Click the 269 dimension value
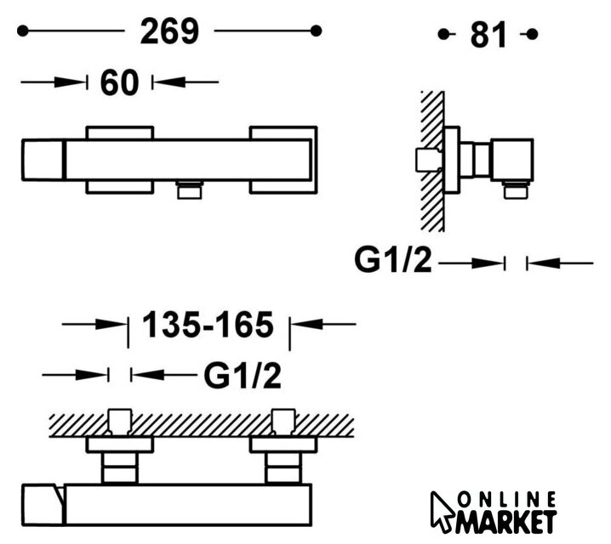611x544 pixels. (x=169, y=31)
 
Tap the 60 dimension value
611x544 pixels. (x=119, y=82)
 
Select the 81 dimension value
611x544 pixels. (x=488, y=35)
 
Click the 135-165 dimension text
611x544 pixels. (x=208, y=325)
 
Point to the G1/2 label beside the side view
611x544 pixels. (x=393, y=259)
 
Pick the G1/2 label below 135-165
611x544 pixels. (x=243, y=376)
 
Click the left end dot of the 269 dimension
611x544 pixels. (x=23, y=31)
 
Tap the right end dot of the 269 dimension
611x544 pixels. (x=316, y=31)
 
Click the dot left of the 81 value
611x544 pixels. (x=443, y=34)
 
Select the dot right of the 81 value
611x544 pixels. (x=533, y=34)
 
